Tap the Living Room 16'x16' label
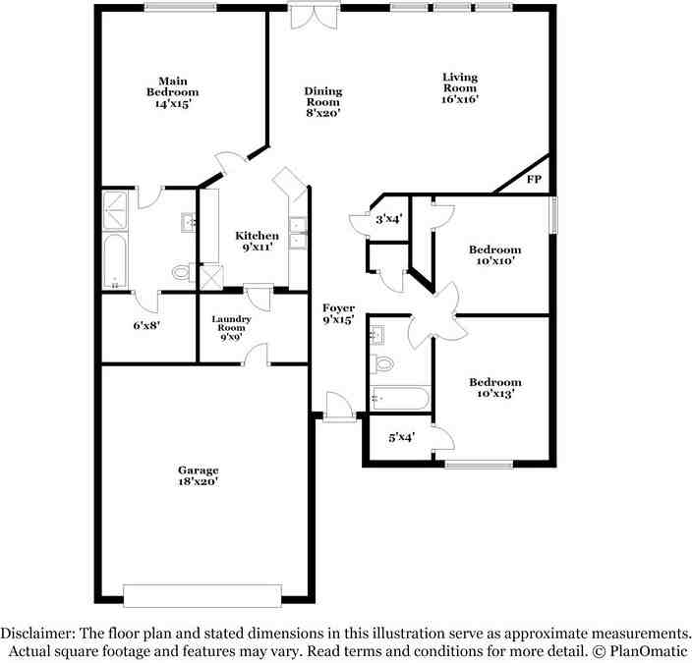click(x=459, y=87)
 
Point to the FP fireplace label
click(x=534, y=180)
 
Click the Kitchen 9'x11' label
click(x=256, y=241)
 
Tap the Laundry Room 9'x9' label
click(x=232, y=328)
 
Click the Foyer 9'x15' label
click(x=338, y=313)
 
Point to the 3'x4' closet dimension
click(x=388, y=218)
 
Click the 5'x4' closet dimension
click(x=401, y=437)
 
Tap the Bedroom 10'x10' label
click(x=494, y=255)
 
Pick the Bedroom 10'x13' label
click(x=494, y=387)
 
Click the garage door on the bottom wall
click(x=203, y=595)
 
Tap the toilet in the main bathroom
click(x=180, y=272)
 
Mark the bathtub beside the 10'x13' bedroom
click(x=400, y=399)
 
